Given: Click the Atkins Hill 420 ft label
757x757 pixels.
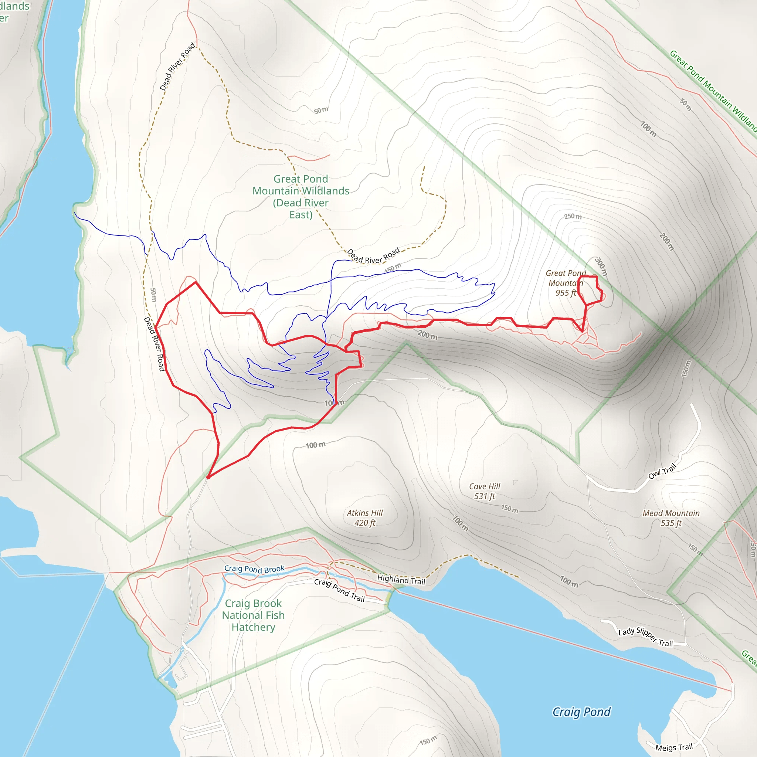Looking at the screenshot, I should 365,517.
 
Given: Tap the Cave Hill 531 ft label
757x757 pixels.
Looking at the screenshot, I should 485,491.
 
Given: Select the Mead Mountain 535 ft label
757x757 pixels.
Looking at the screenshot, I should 671,518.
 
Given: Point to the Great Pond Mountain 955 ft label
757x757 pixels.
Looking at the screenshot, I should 566,283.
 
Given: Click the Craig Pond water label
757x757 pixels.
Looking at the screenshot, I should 581,712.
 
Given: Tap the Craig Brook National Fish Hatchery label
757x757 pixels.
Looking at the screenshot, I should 253,615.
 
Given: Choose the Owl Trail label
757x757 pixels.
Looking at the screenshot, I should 662,471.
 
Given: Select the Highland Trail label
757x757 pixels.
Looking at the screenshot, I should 401,580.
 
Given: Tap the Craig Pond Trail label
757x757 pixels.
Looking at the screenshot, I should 339,590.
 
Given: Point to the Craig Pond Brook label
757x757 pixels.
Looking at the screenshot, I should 254,568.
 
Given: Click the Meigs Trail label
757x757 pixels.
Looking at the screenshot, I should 674,747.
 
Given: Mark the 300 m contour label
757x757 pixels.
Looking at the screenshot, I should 601,267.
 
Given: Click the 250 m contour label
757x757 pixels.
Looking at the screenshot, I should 573,216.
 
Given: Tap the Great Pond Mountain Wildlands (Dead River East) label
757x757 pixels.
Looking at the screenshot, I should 301,197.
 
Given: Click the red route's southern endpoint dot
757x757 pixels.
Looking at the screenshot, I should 208,477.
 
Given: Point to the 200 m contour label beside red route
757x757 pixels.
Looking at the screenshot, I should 428,335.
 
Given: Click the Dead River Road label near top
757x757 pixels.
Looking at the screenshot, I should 177,67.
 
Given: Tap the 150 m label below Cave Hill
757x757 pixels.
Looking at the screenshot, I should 510,509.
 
